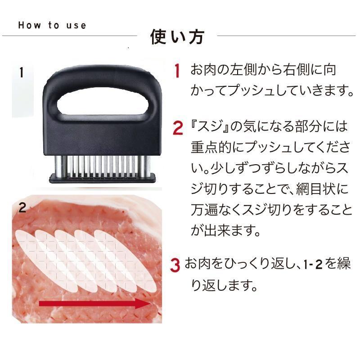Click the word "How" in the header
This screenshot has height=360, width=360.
click(x=30, y=25)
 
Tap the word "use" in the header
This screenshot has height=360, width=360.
click(x=76, y=26)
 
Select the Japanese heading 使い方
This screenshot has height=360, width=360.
click(x=177, y=37)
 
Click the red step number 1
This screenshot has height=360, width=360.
click(x=177, y=70)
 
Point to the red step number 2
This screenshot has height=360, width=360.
click(x=178, y=128)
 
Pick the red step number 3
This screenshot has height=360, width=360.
click(x=175, y=265)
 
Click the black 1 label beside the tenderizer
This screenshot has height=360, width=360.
click(x=21, y=72)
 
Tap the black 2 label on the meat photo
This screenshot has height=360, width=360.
click(x=22, y=207)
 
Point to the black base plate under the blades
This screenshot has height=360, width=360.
click(x=103, y=178)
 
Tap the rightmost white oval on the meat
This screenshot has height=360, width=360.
click(x=126, y=261)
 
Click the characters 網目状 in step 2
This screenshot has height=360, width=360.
click(x=316, y=189)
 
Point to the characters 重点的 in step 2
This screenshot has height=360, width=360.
click(x=211, y=147)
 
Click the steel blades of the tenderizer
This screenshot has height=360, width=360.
click(x=103, y=166)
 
